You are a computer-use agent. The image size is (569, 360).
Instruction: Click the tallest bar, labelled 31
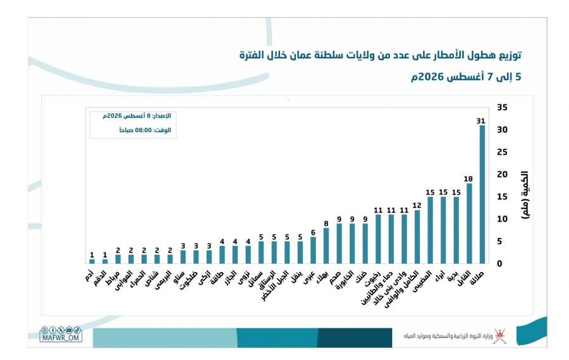482,194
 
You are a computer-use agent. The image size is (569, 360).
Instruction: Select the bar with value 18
469,223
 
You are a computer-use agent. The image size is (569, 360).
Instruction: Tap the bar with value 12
417,237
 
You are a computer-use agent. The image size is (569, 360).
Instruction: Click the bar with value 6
313,251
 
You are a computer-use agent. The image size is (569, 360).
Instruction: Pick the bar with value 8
326,245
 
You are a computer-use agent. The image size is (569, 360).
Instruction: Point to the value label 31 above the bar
481,121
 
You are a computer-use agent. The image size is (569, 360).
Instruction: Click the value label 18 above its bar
468,178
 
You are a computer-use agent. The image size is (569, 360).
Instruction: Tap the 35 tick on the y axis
502,108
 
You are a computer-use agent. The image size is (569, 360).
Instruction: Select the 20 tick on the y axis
502,175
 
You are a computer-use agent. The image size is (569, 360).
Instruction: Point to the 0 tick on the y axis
499,264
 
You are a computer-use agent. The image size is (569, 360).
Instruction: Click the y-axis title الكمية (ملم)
525,195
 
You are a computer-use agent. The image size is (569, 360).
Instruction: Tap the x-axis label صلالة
477,278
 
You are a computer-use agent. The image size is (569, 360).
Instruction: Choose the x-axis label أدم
89,275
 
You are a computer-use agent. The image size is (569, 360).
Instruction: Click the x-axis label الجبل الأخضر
276,285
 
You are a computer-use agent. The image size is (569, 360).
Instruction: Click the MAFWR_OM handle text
61,338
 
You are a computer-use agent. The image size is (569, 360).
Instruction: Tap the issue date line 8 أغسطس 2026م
137,116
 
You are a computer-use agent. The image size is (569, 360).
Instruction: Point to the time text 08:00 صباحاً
145,130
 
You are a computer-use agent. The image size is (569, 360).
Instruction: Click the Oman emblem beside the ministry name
499,336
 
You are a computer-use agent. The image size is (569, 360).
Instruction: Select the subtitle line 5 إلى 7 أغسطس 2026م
466,77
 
